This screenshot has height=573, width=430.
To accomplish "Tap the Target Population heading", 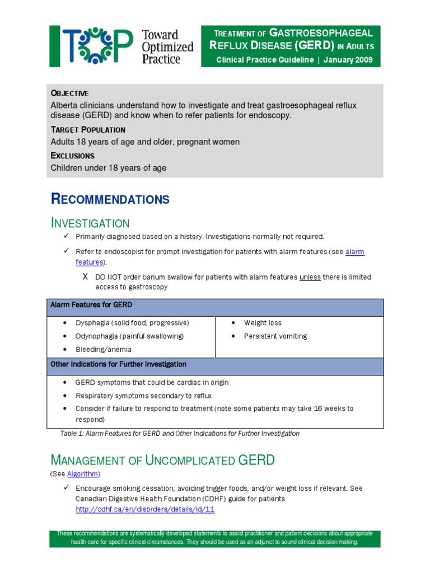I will tap(88, 130).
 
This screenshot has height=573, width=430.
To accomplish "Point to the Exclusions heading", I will tap(73, 156).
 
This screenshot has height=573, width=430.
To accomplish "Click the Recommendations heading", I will tap(110, 199).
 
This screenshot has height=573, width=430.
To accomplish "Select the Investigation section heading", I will tap(90, 223).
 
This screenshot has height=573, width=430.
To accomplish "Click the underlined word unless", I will tap(310, 277).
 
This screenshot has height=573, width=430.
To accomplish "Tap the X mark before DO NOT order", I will tap(85, 277).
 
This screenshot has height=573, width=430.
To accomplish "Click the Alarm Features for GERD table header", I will tap(91, 305).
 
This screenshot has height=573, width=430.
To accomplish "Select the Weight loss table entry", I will tap(263, 323).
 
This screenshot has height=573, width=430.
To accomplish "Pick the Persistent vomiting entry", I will tap(275, 336).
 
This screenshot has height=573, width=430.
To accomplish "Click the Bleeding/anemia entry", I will tap(104, 350).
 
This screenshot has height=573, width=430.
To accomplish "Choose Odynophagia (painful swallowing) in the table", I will tap(129, 336).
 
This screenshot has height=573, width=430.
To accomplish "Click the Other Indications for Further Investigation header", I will tap(118, 364).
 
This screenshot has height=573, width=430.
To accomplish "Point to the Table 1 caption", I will tap(179, 434).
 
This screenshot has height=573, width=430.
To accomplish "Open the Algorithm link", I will tap(82, 474).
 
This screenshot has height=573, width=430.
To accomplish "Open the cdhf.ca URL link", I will tap(145, 510).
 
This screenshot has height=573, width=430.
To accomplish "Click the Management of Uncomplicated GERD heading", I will tap(163, 461).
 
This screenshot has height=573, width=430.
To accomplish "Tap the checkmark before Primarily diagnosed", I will tap(66, 237).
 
